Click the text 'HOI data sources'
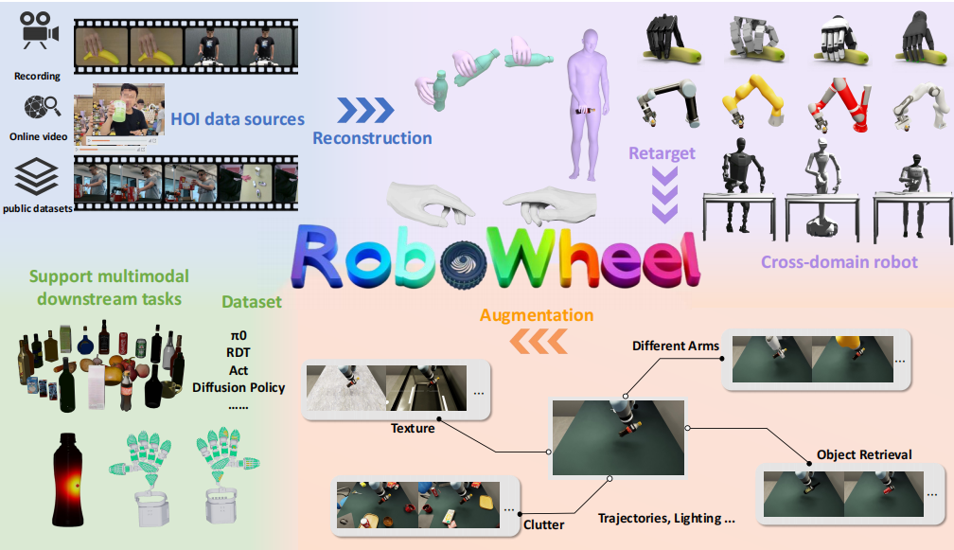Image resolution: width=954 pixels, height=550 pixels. (238, 119)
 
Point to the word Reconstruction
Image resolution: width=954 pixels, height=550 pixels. (372, 138)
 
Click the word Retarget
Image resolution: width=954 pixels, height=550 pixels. (662, 153)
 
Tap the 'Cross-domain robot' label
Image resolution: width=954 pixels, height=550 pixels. (839, 261)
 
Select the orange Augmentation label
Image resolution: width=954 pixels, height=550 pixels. (536, 314)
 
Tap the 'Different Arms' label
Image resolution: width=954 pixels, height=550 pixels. (676, 346)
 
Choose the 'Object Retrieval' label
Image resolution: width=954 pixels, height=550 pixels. (864, 454)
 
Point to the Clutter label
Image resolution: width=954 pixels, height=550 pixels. (543, 524)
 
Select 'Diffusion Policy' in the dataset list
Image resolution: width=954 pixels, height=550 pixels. (238, 387)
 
